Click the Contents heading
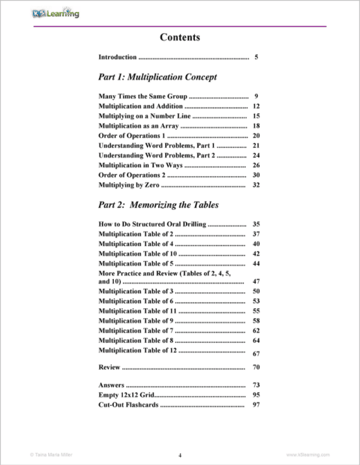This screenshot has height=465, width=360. point(180,37)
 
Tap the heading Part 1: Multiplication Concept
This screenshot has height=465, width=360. point(157,76)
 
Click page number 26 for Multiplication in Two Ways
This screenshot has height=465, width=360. point(256,165)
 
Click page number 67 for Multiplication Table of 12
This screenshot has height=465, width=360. point(256,353)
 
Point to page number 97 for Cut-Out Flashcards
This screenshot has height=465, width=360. point(256,404)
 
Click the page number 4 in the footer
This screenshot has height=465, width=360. point(180,454)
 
